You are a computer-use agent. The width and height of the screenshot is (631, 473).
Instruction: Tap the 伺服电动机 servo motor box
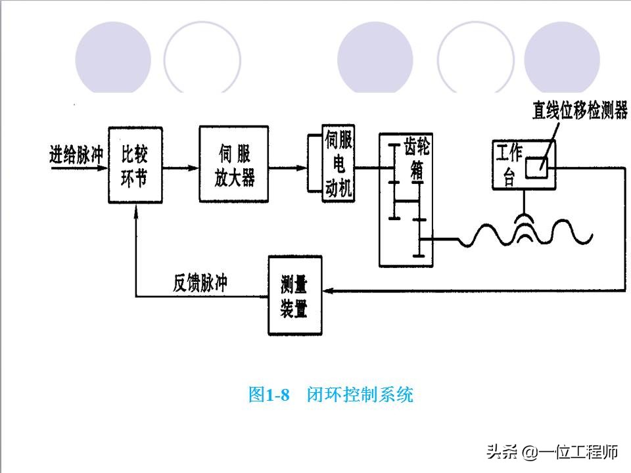coord(338,164)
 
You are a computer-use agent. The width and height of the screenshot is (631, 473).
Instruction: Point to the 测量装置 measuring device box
coord(295,296)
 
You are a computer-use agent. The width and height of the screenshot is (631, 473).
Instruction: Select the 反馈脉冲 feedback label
coord(200,283)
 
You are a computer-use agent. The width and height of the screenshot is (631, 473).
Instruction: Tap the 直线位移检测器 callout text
coord(580,110)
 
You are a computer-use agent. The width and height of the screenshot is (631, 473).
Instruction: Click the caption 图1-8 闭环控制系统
coord(331,395)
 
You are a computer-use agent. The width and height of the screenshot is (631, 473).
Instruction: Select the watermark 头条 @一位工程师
coord(552,452)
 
